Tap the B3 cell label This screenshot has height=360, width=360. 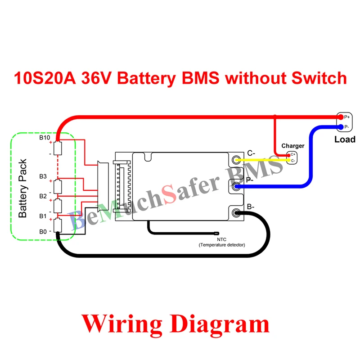pyautogui.click(x=43, y=176)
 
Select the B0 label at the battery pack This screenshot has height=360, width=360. pyautogui.click(x=43, y=232)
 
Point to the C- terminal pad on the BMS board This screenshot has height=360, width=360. pyautogui.click(x=237, y=160)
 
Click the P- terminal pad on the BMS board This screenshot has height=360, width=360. pyautogui.click(x=237, y=186)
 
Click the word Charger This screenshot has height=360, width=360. pyautogui.click(x=292, y=146)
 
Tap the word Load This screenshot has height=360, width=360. pyautogui.click(x=345, y=139)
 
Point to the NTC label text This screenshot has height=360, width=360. pyautogui.click(x=222, y=239)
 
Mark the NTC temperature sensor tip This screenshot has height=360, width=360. pyautogui.click(x=216, y=234)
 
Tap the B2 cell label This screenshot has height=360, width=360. pyautogui.click(x=43, y=196)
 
